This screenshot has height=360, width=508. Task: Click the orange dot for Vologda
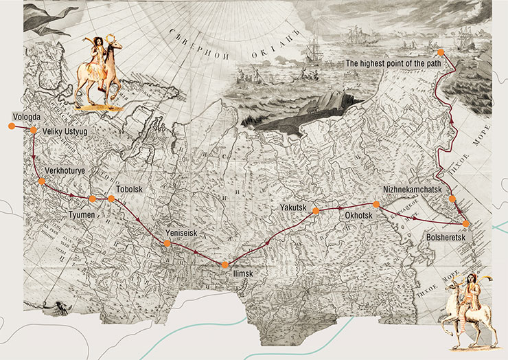click(x=11, y=126)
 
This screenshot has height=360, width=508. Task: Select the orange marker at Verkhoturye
click(x=42, y=181)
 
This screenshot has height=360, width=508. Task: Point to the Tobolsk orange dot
click(x=111, y=199)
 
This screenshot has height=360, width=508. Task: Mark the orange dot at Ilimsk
click(x=224, y=265)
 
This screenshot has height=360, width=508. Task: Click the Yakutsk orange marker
click(x=316, y=211)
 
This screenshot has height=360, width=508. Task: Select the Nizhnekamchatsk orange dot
click(x=452, y=199)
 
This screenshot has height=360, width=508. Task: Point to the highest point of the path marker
click(x=441, y=52)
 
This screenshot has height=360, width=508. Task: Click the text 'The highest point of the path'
click(x=389, y=63)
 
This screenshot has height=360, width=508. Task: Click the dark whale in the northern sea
click(x=302, y=110)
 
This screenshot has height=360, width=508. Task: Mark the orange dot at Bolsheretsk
click(x=466, y=224)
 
